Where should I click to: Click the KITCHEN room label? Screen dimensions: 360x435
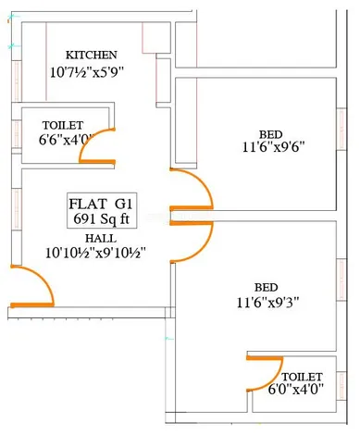click(92, 55)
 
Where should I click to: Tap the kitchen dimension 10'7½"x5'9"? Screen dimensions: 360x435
click(87, 73)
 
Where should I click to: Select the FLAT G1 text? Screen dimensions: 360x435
click(101, 204)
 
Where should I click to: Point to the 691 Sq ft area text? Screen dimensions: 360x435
click(102, 219)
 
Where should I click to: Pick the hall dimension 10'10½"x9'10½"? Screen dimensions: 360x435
click(95, 254)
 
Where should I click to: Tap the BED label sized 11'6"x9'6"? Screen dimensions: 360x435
click(270, 134)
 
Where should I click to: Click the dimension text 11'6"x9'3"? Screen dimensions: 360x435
click(267, 303)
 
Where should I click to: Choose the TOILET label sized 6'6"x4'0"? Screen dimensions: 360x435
click(63, 125)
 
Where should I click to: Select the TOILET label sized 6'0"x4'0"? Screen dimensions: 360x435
click(302, 377)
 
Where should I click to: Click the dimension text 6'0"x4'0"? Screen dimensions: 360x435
click(295, 390)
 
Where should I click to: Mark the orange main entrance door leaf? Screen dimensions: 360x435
click(32, 305)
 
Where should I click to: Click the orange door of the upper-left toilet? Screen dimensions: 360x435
click(97, 162)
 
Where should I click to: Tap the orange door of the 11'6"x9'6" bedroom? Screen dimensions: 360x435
click(192, 208)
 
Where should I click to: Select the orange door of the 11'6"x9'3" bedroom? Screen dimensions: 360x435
click(192, 223)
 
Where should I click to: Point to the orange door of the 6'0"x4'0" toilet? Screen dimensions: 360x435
click(265, 358)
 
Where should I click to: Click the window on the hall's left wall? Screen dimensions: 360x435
click(17, 209)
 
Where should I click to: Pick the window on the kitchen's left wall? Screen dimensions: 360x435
click(17, 81)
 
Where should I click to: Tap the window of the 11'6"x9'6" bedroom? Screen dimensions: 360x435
click(341, 130)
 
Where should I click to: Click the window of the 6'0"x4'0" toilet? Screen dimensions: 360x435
click(341, 387)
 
